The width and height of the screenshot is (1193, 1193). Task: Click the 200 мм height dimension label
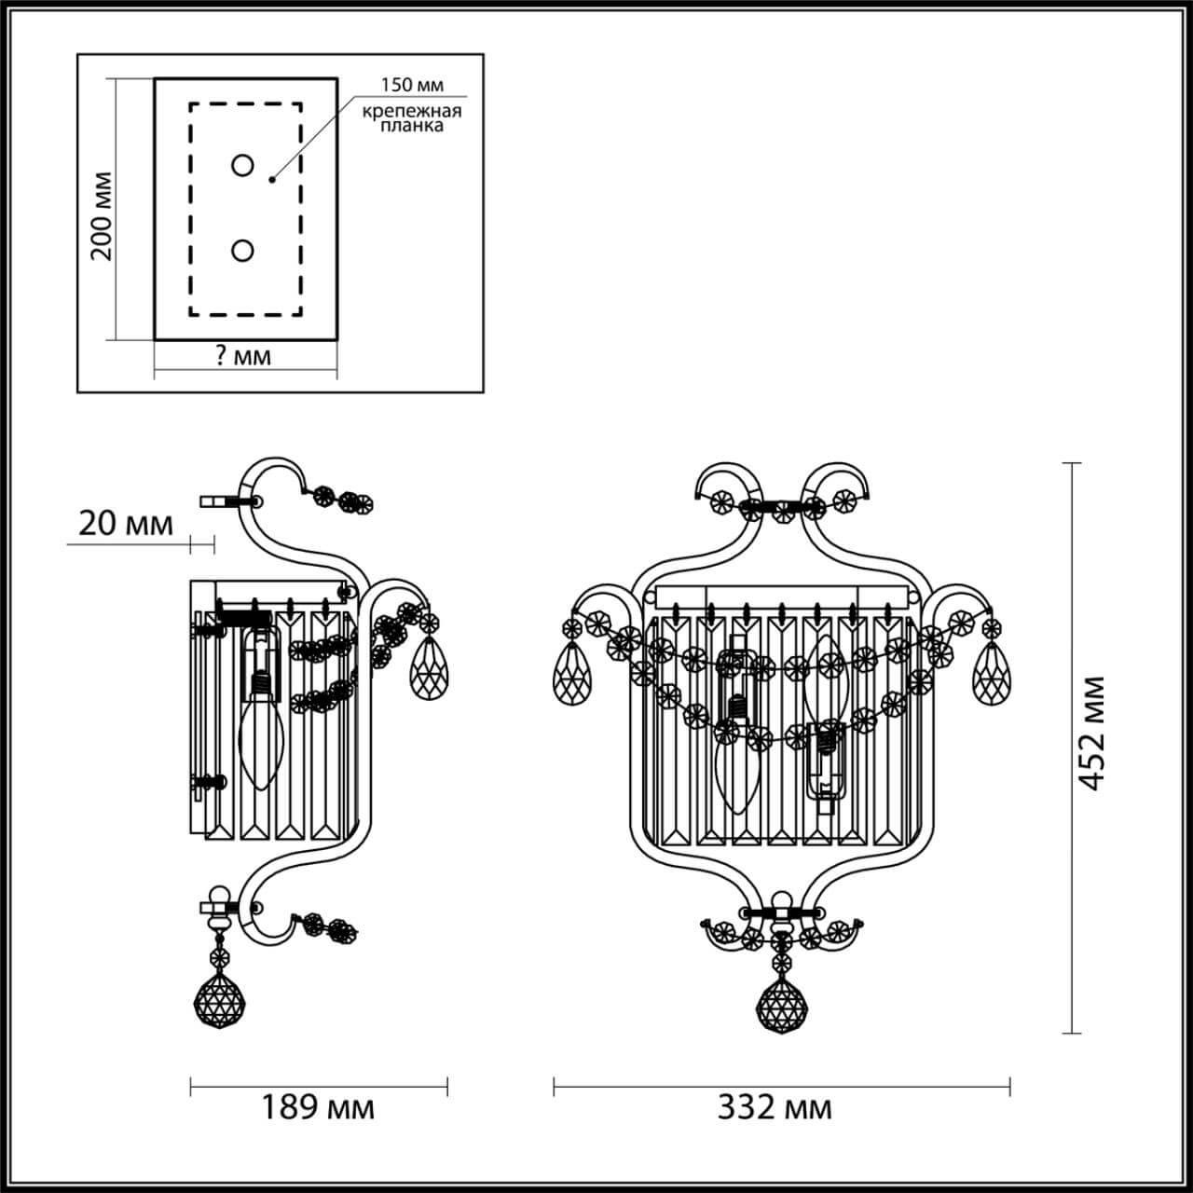pos(103,215)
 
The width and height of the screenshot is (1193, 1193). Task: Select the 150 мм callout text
pos(411,85)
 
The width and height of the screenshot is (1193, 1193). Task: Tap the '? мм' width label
pos(243,357)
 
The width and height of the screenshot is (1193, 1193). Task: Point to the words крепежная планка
pos(412,118)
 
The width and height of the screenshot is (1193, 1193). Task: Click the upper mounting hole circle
pos(242,166)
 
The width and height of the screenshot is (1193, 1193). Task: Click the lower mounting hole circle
pos(242,251)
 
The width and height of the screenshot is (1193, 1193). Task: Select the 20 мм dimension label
pos(124,525)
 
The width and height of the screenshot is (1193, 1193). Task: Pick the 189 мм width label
pos(317,1108)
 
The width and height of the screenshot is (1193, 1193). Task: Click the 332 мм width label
pos(775,1108)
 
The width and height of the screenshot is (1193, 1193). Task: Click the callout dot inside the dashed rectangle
pos(271,178)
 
